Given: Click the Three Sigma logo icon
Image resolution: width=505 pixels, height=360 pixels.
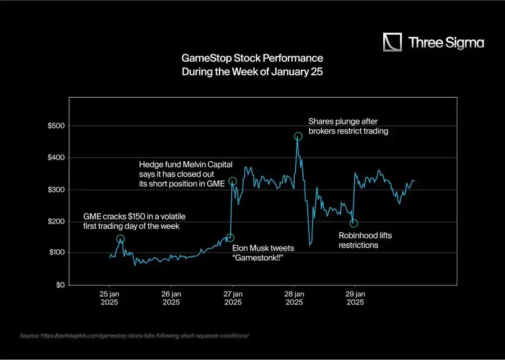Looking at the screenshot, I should click(x=393, y=42).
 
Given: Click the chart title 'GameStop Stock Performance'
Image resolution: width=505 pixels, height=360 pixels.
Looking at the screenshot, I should click(x=252, y=58).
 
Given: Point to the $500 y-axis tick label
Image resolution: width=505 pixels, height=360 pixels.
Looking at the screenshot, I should click(x=56, y=126).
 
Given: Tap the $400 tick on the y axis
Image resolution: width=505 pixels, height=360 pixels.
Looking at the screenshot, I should click(x=56, y=158).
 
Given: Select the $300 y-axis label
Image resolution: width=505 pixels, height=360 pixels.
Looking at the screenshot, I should click(x=56, y=190).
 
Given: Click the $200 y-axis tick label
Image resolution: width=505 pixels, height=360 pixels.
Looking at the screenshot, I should click(x=56, y=221).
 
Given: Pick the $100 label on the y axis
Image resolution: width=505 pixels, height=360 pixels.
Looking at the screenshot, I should click(x=56, y=253).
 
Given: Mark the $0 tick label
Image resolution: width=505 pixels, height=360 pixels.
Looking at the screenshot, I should click(x=59, y=285).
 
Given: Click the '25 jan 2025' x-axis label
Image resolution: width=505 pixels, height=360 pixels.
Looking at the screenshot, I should click(x=109, y=298).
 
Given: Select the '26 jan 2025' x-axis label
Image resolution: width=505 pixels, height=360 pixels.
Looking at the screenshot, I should click(x=171, y=298).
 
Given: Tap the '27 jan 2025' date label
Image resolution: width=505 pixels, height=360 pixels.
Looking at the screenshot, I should click(x=233, y=298).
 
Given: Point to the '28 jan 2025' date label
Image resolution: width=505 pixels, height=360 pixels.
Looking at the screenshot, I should click(x=294, y=298).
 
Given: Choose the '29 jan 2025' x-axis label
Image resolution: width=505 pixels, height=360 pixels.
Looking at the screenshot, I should click(x=356, y=298).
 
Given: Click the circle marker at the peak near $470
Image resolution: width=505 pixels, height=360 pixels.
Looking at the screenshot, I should click(x=298, y=136).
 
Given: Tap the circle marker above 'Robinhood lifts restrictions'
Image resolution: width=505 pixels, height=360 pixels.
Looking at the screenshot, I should click(x=353, y=224).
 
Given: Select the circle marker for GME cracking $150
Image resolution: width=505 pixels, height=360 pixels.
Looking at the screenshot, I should click(x=120, y=239).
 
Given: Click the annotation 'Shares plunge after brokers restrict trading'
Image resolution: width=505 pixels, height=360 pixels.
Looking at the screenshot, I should click(x=348, y=126).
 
